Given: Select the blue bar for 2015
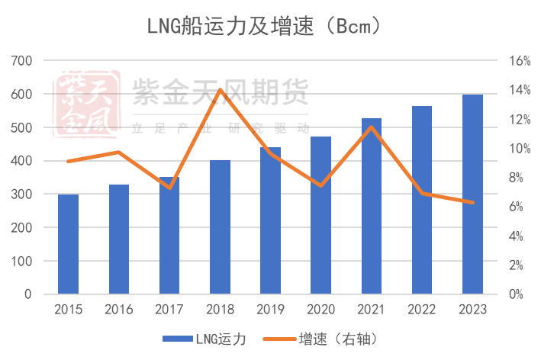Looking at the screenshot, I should click(x=68, y=244).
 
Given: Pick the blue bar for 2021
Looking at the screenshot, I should click(x=371, y=206).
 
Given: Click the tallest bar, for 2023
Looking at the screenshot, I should click(x=472, y=194).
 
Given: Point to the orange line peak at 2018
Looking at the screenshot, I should click(x=220, y=90).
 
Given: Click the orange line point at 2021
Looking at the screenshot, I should click(x=371, y=127).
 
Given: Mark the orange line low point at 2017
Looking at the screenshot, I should click(x=169, y=188).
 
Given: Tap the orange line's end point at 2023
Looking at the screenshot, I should click(x=472, y=203).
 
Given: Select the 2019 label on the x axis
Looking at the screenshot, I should click(x=270, y=310).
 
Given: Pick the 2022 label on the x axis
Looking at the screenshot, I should click(x=422, y=310).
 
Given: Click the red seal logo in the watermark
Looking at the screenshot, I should click(x=85, y=104).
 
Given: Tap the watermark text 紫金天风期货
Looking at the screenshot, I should click(x=221, y=94).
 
